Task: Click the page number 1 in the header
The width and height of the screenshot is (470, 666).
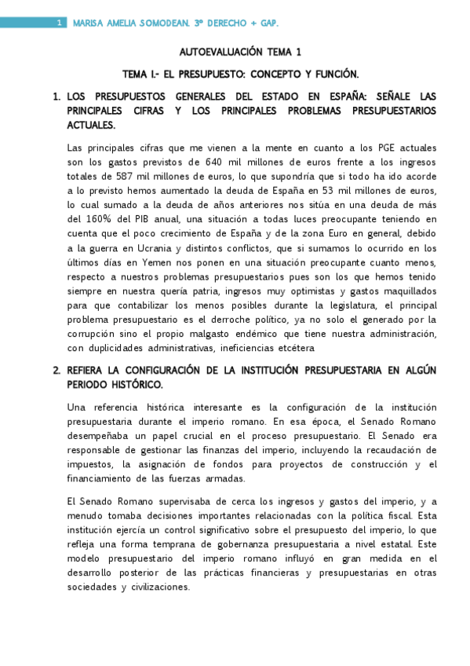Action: point(60,24)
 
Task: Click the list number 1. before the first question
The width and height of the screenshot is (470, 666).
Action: point(56,97)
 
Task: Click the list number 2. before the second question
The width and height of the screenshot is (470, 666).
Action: point(56,370)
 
